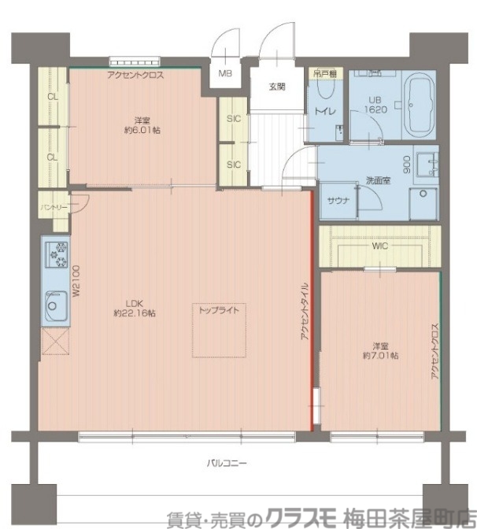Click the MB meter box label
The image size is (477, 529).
pos(225,73)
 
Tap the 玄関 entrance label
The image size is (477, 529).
pos(277,87)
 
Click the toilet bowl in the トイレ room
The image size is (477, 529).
pos(326,89)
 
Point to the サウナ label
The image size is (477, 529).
pos(338,201)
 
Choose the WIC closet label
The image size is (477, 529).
pos(380,246)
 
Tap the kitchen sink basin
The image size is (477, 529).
pos(56,306)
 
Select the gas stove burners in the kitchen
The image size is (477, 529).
pos(57,255)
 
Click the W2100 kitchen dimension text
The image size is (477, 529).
pos(76,281)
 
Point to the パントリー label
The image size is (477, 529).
pos(54,207)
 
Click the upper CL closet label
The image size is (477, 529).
pos(52,97)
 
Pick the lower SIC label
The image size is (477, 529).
pos(234,165)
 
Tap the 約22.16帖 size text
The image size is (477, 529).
pos(135,313)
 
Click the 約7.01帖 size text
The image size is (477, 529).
pos(380,356)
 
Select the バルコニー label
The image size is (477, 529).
pos(227,463)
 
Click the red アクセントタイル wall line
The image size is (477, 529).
pos(312,311)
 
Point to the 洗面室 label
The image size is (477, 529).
pos(378,180)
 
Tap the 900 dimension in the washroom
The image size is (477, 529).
pos(406,164)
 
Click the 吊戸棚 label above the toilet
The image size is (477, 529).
pos(325,74)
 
